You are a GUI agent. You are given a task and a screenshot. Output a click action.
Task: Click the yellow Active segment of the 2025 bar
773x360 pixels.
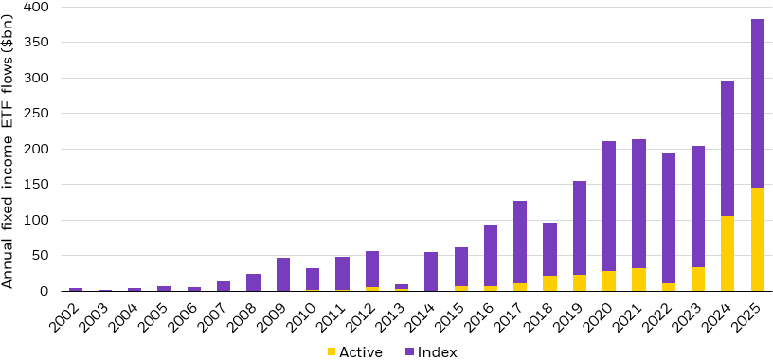pos(758,239)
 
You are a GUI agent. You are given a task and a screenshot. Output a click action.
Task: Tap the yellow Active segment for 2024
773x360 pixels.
pos(728,253)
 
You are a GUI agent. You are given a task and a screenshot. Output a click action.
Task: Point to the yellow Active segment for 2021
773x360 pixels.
pos(638,279)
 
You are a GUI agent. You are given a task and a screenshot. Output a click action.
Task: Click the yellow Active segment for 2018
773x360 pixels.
pos(549,283)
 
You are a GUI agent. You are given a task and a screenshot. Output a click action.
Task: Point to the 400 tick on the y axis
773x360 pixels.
pos(37,7)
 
